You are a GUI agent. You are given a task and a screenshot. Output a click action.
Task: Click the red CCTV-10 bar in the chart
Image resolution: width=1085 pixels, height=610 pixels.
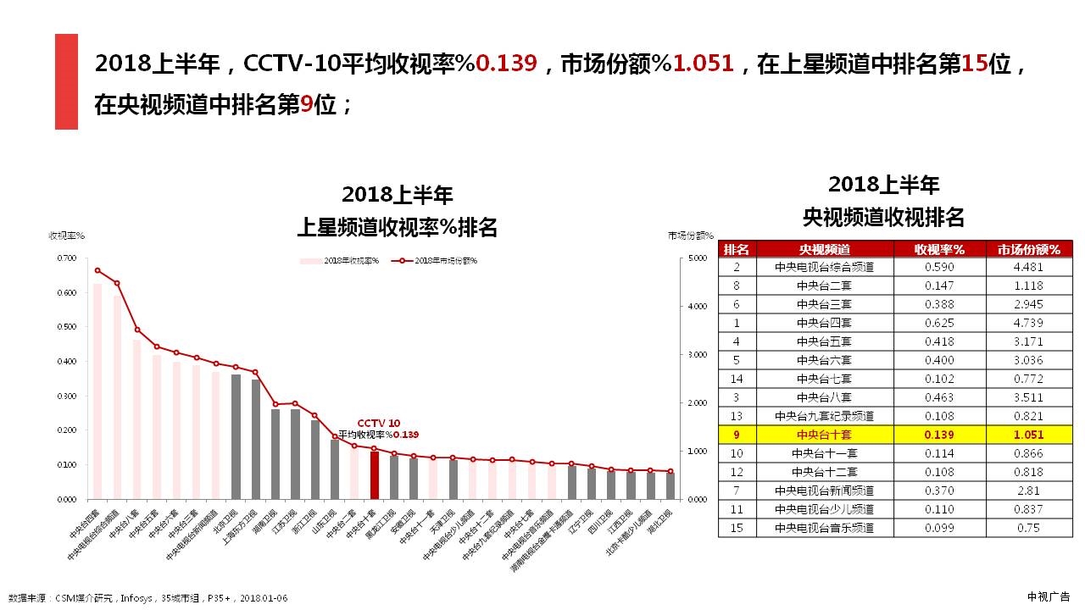pos(374,475)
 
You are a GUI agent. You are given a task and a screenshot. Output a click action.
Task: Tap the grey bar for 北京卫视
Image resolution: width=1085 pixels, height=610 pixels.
pos(236,436)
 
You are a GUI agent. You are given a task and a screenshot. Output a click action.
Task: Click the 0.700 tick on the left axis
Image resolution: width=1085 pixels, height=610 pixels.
pos(66,258)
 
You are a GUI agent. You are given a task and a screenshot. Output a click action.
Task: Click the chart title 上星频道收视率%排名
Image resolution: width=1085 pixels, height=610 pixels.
pos(397,227)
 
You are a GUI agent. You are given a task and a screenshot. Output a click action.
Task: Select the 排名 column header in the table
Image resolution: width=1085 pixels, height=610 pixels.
pos(737,249)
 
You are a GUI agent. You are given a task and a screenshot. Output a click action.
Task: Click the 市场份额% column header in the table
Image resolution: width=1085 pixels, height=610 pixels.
pos(1028,249)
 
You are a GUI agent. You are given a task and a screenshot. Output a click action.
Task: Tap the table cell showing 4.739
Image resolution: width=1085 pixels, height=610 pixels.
pos(1028,323)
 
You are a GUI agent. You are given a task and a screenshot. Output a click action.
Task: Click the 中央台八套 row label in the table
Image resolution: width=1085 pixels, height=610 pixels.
pos(824,397)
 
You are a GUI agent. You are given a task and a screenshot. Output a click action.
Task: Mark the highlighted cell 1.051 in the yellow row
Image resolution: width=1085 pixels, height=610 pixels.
pos(1028,435)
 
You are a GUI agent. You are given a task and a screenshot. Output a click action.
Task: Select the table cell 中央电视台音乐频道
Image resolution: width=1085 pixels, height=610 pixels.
pos(824,527)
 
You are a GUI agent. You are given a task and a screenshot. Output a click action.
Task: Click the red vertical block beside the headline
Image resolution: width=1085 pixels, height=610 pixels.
pos(66,81)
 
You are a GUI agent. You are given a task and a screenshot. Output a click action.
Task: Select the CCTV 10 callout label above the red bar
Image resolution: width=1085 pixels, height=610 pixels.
pos(378,423)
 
